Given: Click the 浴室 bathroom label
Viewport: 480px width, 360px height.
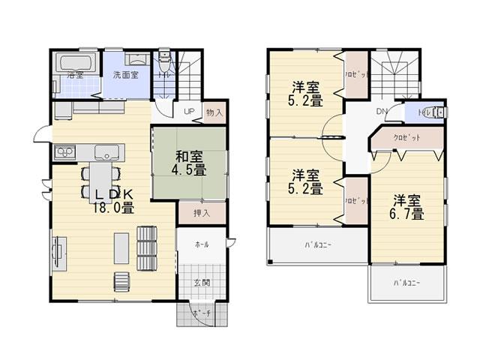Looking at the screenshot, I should [x=73, y=76].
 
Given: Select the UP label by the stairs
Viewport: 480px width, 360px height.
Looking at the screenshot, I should [x=190, y=112].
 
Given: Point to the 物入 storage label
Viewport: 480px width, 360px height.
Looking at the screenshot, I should [x=213, y=112].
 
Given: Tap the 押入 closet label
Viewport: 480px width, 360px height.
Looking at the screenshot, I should [x=201, y=213].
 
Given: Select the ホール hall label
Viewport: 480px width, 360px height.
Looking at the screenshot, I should [x=202, y=245].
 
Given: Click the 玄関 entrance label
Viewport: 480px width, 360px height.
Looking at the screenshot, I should [x=202, y=283].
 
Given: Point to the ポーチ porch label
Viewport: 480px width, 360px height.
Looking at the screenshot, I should [x=199, y=313].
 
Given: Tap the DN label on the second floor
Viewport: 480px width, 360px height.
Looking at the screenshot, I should [x=381, y=112].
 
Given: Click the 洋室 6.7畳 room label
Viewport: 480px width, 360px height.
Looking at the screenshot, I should [x=408, y=206].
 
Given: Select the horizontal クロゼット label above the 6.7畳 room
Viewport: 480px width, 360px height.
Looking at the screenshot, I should [x=406, y=138].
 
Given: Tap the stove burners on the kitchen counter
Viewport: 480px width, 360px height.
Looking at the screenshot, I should [x=63, y=153].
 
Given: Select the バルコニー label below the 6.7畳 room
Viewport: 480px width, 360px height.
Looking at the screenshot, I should [x=405, y=283].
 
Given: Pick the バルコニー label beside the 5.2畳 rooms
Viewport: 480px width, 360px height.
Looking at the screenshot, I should [x=318, y=245].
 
